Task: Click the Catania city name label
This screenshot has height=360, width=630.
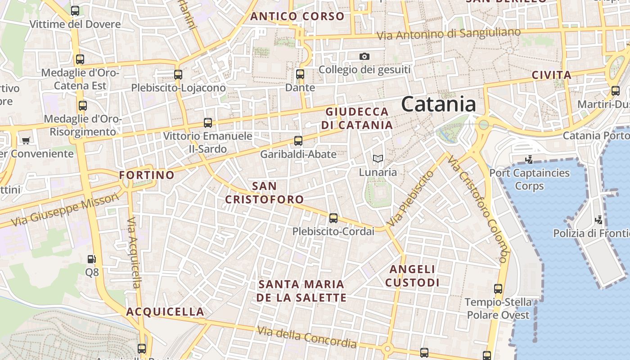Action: click(438, 104)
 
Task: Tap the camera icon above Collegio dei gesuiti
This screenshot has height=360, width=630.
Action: click(364, 56)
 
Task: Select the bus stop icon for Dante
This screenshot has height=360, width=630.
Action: click(300, 74)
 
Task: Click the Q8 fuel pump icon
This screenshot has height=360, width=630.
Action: click(91, 259)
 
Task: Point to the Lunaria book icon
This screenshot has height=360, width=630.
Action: click(378, 159)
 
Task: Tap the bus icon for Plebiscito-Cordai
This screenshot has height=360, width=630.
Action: click(333, 218)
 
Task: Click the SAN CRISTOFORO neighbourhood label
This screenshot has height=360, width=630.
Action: click(264, 193)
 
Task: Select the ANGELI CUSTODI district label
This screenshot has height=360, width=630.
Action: click(413, 276)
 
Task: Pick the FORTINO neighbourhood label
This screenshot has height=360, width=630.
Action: click(147, 175)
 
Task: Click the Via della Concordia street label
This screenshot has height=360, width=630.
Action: click(307, 337)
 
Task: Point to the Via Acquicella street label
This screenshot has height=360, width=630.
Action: click(134, 253)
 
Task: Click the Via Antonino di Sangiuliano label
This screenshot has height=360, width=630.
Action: click(448, 34)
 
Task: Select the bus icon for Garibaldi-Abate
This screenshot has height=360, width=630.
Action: click(298, 141)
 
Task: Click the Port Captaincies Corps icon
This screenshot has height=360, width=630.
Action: click(529, 159)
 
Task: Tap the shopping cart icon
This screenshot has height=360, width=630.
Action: click(26, 140)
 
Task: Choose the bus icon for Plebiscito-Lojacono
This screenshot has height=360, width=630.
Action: click(178, 74)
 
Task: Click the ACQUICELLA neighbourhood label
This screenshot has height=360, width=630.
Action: click(165, 312)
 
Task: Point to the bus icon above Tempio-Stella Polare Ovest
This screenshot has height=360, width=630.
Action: click(498, 289)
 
